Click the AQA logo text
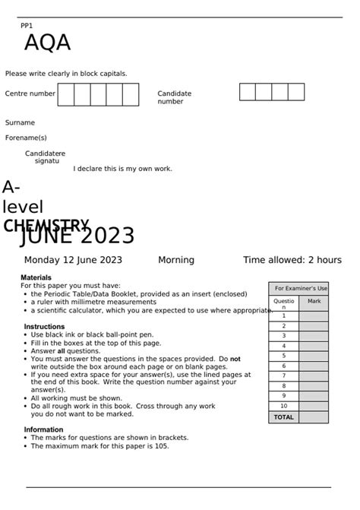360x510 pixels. (47, 43)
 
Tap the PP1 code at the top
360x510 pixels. (27, 26)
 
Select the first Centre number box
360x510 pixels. (66, 95)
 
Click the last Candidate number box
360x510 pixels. (296, 92)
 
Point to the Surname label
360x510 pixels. (20, 122)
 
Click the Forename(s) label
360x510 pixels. (26, 138)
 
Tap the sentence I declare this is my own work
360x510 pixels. (123, 169)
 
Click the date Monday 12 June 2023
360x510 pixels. (73, 260)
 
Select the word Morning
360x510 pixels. (176, 260)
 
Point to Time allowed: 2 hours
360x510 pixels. (292, 260)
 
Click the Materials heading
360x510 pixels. (36, 277)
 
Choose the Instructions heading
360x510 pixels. (44, 326)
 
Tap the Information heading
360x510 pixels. (43, 429)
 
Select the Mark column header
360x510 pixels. (314, 302)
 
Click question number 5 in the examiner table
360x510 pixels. (284, 356)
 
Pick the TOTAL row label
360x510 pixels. (283, 417)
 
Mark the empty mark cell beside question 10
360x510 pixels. (314, 406)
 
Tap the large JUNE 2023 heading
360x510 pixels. (77, 236)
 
